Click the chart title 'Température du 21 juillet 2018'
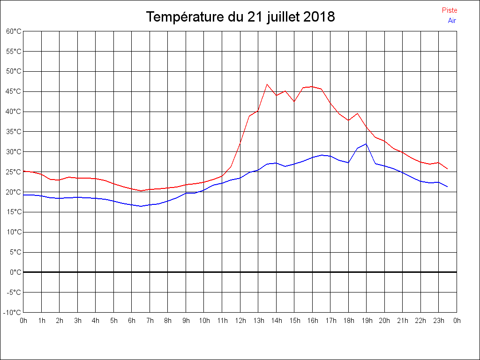tap(240, 17)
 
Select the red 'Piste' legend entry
tap(450, 10)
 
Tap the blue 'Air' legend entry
tap(452, 21)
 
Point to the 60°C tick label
tap(14, 31)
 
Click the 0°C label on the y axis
tap(15, 272)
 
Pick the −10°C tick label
tap(13, 312)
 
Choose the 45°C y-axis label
tap(14, 91)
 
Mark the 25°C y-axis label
tap(14, 172)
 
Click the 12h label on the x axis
tap(240, 321)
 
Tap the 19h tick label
tap(367, 321)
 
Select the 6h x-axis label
tap(132, 321)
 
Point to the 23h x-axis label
tap(439, 321)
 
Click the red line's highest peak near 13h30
tap(267, 84)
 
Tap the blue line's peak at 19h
tap(366, 144)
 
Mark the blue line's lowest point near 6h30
tap(141, 206)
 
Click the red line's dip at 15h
tap(294, 101)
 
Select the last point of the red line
tap(448, 169)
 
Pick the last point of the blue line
tap(448, 187)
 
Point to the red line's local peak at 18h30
tap(357, 113)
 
